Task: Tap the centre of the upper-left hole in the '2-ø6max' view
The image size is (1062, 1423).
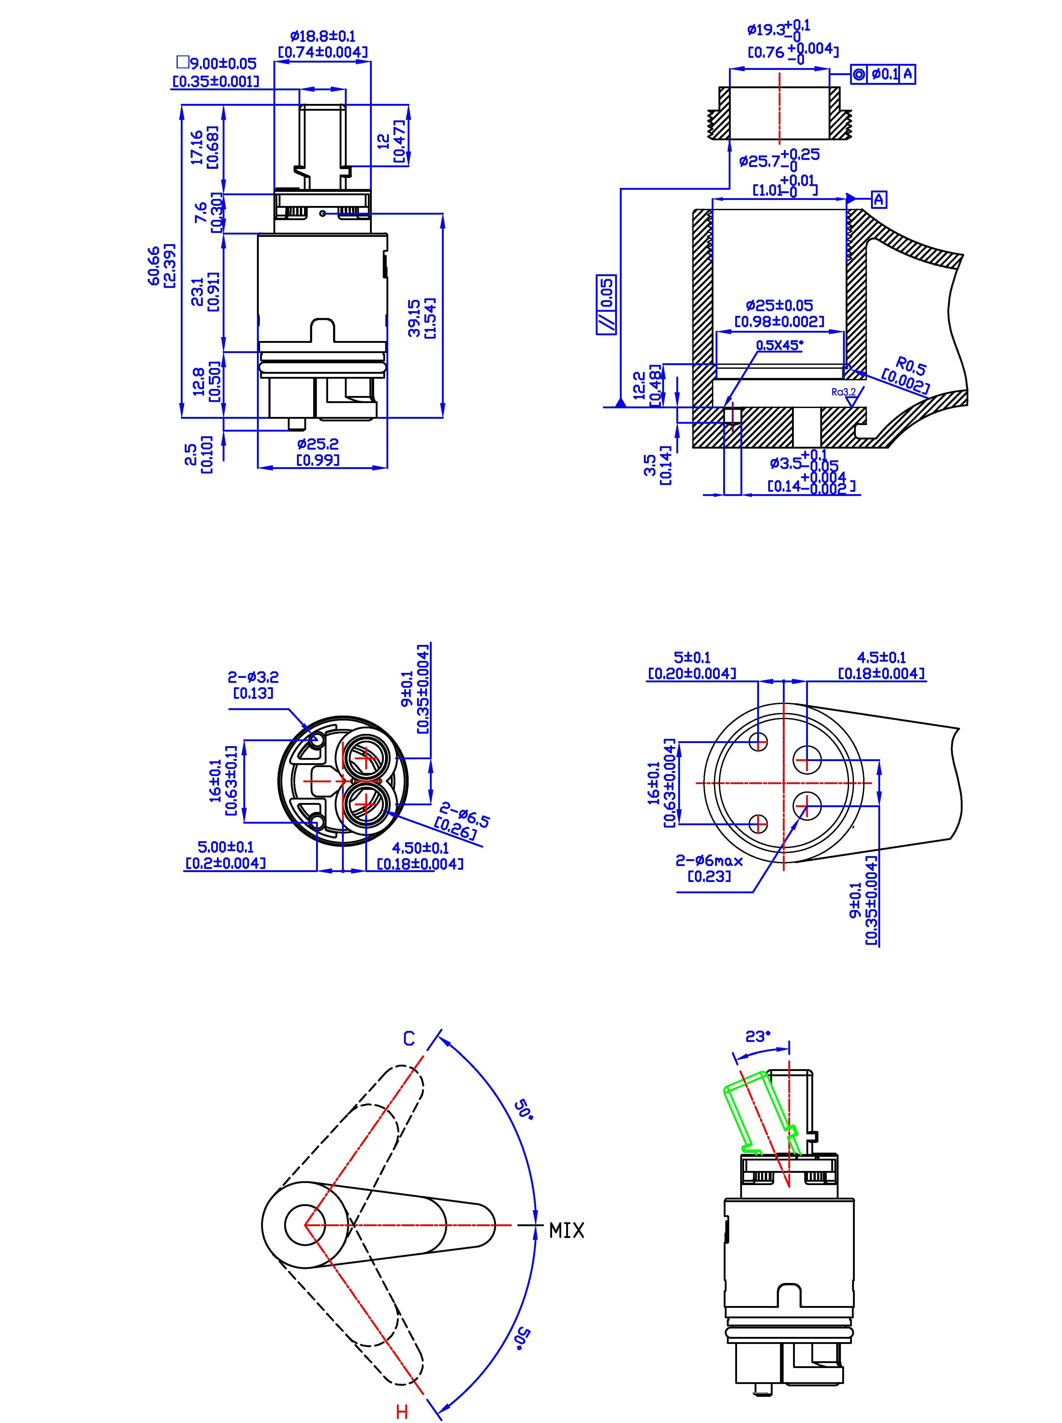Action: pos(759,742)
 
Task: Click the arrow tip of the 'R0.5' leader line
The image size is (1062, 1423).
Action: pos(847,368)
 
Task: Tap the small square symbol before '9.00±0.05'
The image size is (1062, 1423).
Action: pos(183,62)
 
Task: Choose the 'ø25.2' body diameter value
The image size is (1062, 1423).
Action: pos(318,444)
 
